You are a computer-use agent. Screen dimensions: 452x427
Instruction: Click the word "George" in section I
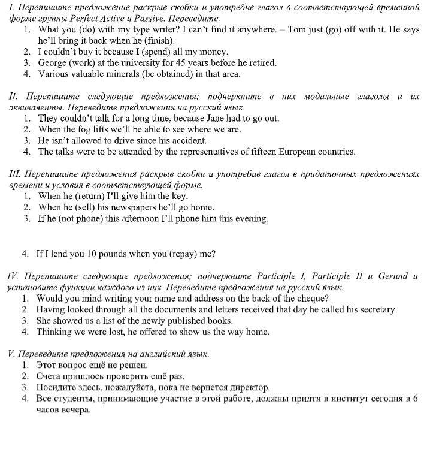(54, 63)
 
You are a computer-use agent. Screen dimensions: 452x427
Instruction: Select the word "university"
(152, 63)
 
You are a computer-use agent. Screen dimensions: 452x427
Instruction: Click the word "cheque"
(314, 298)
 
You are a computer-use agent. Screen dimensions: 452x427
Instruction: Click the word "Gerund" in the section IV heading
(393, 276)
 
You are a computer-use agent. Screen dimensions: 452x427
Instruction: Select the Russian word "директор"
(248, 388)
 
